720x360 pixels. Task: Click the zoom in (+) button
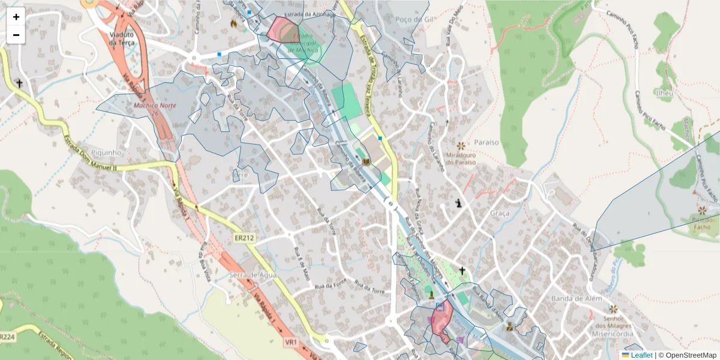click(16, 16)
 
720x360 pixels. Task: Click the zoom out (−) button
click(16, 35)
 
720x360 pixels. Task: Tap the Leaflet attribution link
click(640, 355)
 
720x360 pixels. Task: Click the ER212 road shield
click(244, 238)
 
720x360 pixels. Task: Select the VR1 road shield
click(292, 341)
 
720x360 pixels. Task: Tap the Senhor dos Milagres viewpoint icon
click(613, 308)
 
